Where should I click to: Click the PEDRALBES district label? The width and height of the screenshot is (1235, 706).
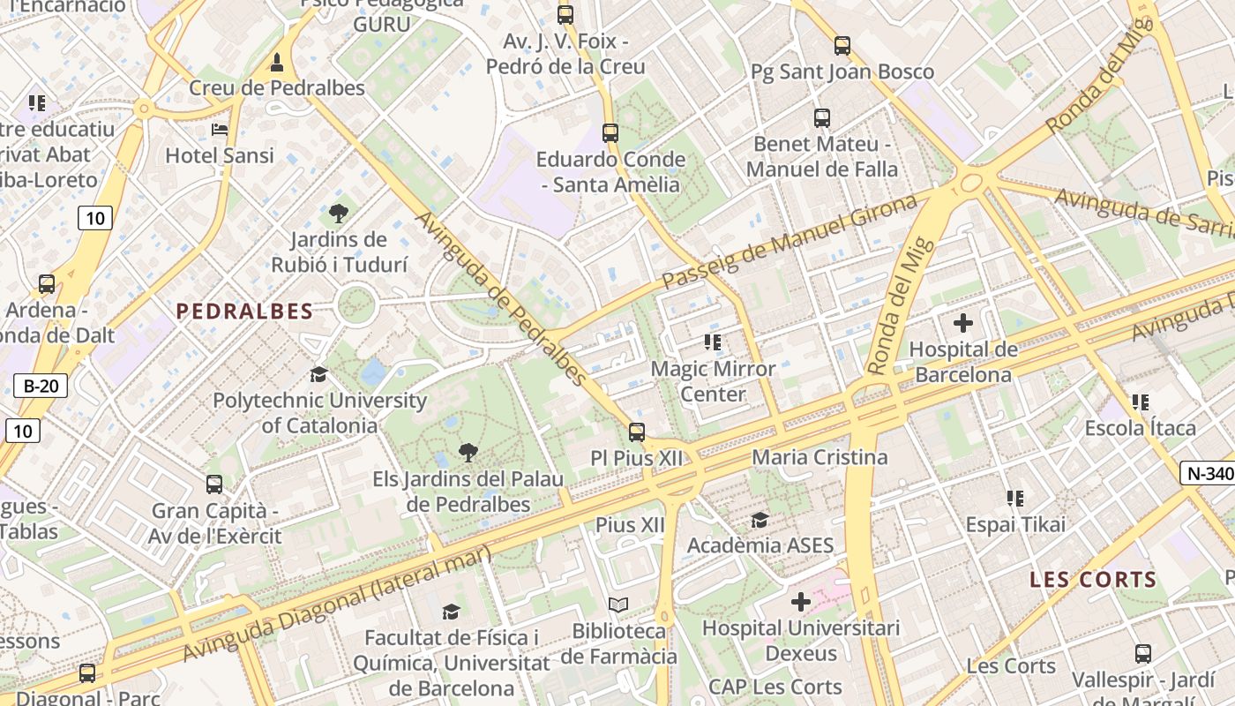click(244, 311)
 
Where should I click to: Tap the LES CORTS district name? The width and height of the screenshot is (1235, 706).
click(1093, 580)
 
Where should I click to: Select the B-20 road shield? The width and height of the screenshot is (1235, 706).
click(41, 386)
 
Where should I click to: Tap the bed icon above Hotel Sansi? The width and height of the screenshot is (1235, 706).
click(220, 130)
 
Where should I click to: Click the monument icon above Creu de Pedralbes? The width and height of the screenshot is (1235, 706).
click(277, 63)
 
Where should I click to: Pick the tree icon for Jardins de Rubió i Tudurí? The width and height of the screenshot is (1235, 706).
click(339, 213)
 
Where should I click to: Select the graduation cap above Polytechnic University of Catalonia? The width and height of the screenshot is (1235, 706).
click(318, 374)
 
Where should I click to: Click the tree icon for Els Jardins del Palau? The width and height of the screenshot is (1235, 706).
click(468, 454)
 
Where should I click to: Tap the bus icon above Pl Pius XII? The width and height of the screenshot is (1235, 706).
click(636, 432)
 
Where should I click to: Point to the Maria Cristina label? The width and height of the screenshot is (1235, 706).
click(820, 457)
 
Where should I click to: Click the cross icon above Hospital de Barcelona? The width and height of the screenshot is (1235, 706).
click(962, 323)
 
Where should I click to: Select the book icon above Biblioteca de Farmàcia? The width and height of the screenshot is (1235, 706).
click(619, 605)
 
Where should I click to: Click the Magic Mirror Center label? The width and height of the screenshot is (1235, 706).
click(713, 381)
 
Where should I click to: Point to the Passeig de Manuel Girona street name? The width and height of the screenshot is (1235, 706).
click(790, 243)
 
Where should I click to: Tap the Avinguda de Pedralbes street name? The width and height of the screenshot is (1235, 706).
click(500, 298)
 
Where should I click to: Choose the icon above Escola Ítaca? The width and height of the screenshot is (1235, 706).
click(1140, 402)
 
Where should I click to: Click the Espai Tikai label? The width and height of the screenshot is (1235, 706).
click(1015, 524)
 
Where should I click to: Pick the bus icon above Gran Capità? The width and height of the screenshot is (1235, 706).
click(214, 484)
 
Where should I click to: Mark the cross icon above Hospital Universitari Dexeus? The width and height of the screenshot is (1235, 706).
click(800, 602)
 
